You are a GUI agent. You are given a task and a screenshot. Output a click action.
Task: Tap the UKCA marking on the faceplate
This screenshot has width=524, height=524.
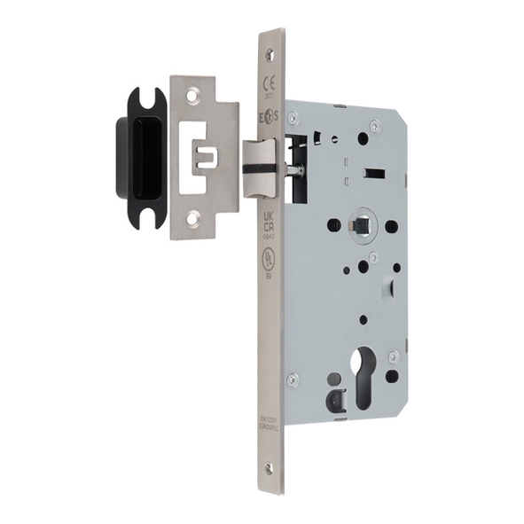click(x=269, y=221)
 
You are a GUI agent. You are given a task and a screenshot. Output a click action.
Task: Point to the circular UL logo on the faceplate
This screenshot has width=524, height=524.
click(x=268, y=256)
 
